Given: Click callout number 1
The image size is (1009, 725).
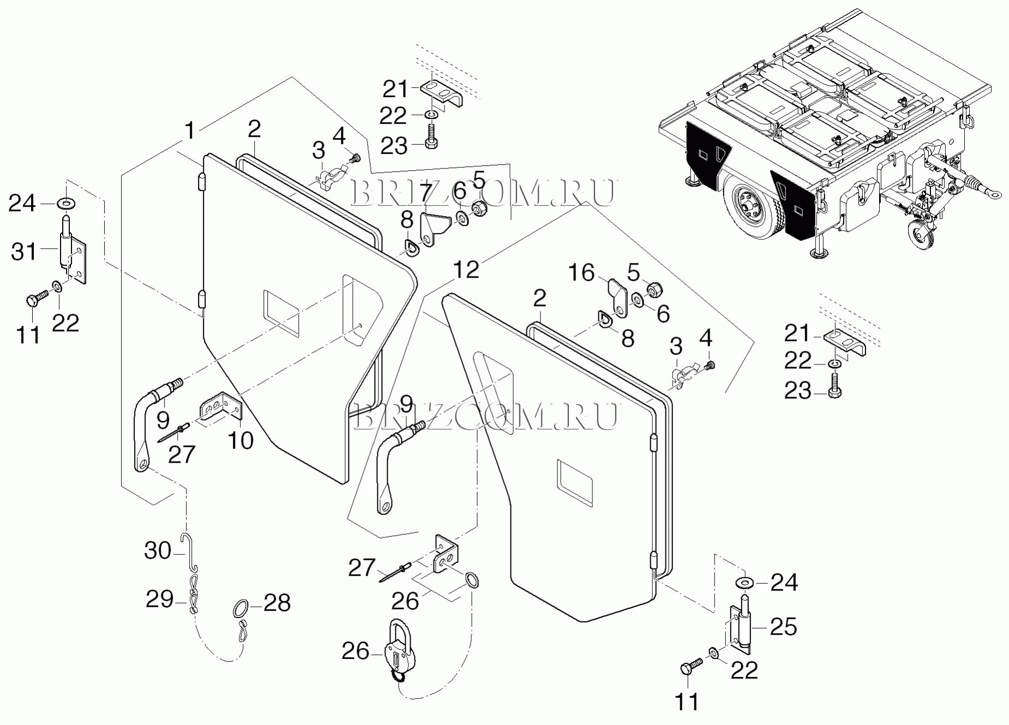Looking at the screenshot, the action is point(189,131).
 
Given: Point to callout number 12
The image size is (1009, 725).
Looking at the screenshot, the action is point(466,269).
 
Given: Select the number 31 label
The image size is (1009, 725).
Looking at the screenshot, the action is point(24,252).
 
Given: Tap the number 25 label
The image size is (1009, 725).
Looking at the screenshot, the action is point(783,627).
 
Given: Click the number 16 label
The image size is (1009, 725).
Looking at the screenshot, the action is point(581,273).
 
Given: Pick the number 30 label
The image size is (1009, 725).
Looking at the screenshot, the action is point(158,550).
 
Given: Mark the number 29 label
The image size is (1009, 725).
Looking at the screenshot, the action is point(159,599).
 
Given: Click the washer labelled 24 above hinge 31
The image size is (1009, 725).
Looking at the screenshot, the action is point(67,203).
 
